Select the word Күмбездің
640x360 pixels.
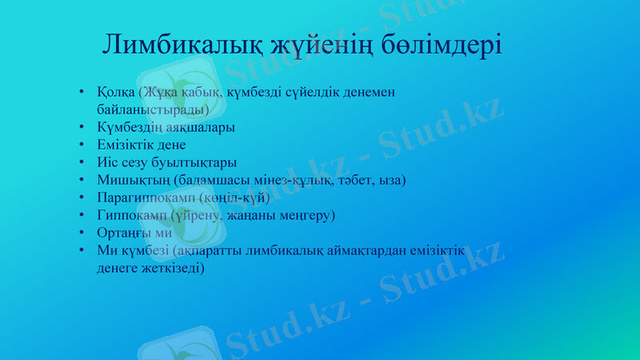pos(126,127)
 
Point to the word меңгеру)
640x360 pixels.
pos(306,215)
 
